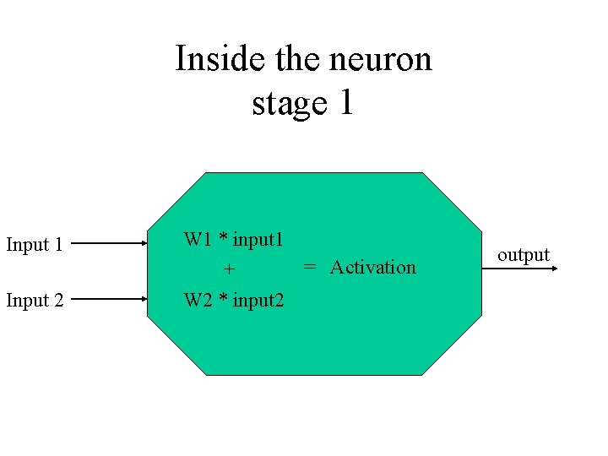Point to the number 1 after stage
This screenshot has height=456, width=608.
(345, 103)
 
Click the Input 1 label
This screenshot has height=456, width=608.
(35, 245)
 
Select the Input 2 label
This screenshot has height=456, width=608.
(35, 300)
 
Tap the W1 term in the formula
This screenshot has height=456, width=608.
(198, 239)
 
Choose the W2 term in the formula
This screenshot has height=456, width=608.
(198, 300)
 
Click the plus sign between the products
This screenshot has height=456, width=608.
(228, 270)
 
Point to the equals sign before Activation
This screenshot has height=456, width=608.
(310, 267)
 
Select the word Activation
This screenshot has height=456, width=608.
(372, 267)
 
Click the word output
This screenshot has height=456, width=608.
(524, 254)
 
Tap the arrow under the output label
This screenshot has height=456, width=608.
(528, 269)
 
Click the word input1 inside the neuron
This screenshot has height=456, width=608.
(258, 239)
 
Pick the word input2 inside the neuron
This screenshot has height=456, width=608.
(258, 300)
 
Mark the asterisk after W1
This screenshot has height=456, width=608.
(223, 238)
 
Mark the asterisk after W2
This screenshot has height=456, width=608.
(223, 298)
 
